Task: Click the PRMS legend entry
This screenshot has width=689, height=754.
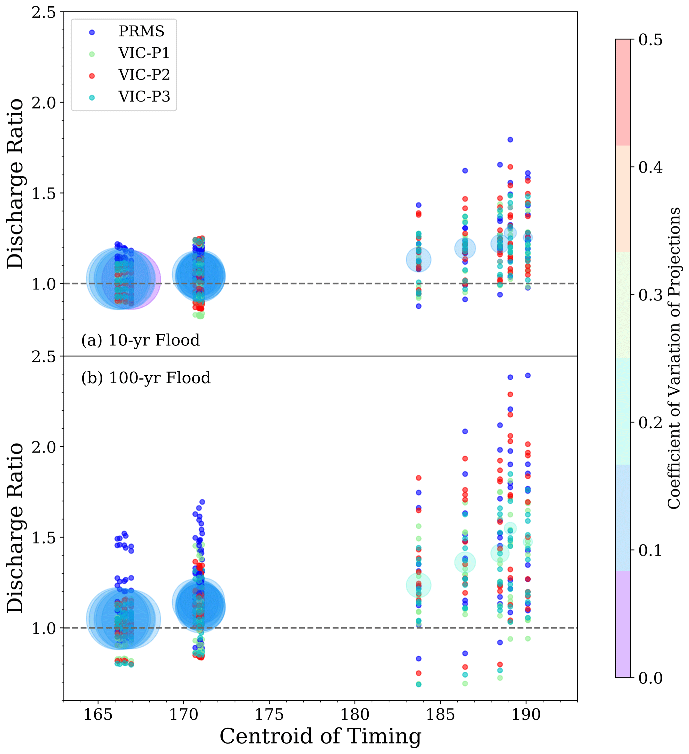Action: click(141, 32)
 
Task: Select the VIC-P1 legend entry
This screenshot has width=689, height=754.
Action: click(144, 54)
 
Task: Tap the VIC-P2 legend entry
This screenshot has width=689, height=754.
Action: click(144, 75)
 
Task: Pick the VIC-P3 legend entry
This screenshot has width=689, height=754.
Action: click(144, 97)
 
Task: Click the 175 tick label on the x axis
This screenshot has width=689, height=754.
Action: click(269, 715)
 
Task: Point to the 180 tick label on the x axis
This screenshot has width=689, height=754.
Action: click(354, 715)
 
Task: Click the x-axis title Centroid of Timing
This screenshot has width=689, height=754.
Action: click(320, 737)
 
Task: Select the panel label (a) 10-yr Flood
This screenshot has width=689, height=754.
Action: click(140, 340)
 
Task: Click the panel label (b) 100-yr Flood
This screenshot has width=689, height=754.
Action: click(146, 378)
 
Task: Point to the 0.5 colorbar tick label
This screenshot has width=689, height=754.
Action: click(650, 40)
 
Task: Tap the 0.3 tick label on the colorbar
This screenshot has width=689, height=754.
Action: click(650, 295)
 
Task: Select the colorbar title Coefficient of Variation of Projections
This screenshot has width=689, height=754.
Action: click(674, 358)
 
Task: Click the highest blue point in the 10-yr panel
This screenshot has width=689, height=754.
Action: click(510, 140)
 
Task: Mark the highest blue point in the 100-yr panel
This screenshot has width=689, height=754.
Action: click(528, 376)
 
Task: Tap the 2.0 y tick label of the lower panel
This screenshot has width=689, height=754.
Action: click(44, 447)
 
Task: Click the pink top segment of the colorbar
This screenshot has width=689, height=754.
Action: click(623, 92)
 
